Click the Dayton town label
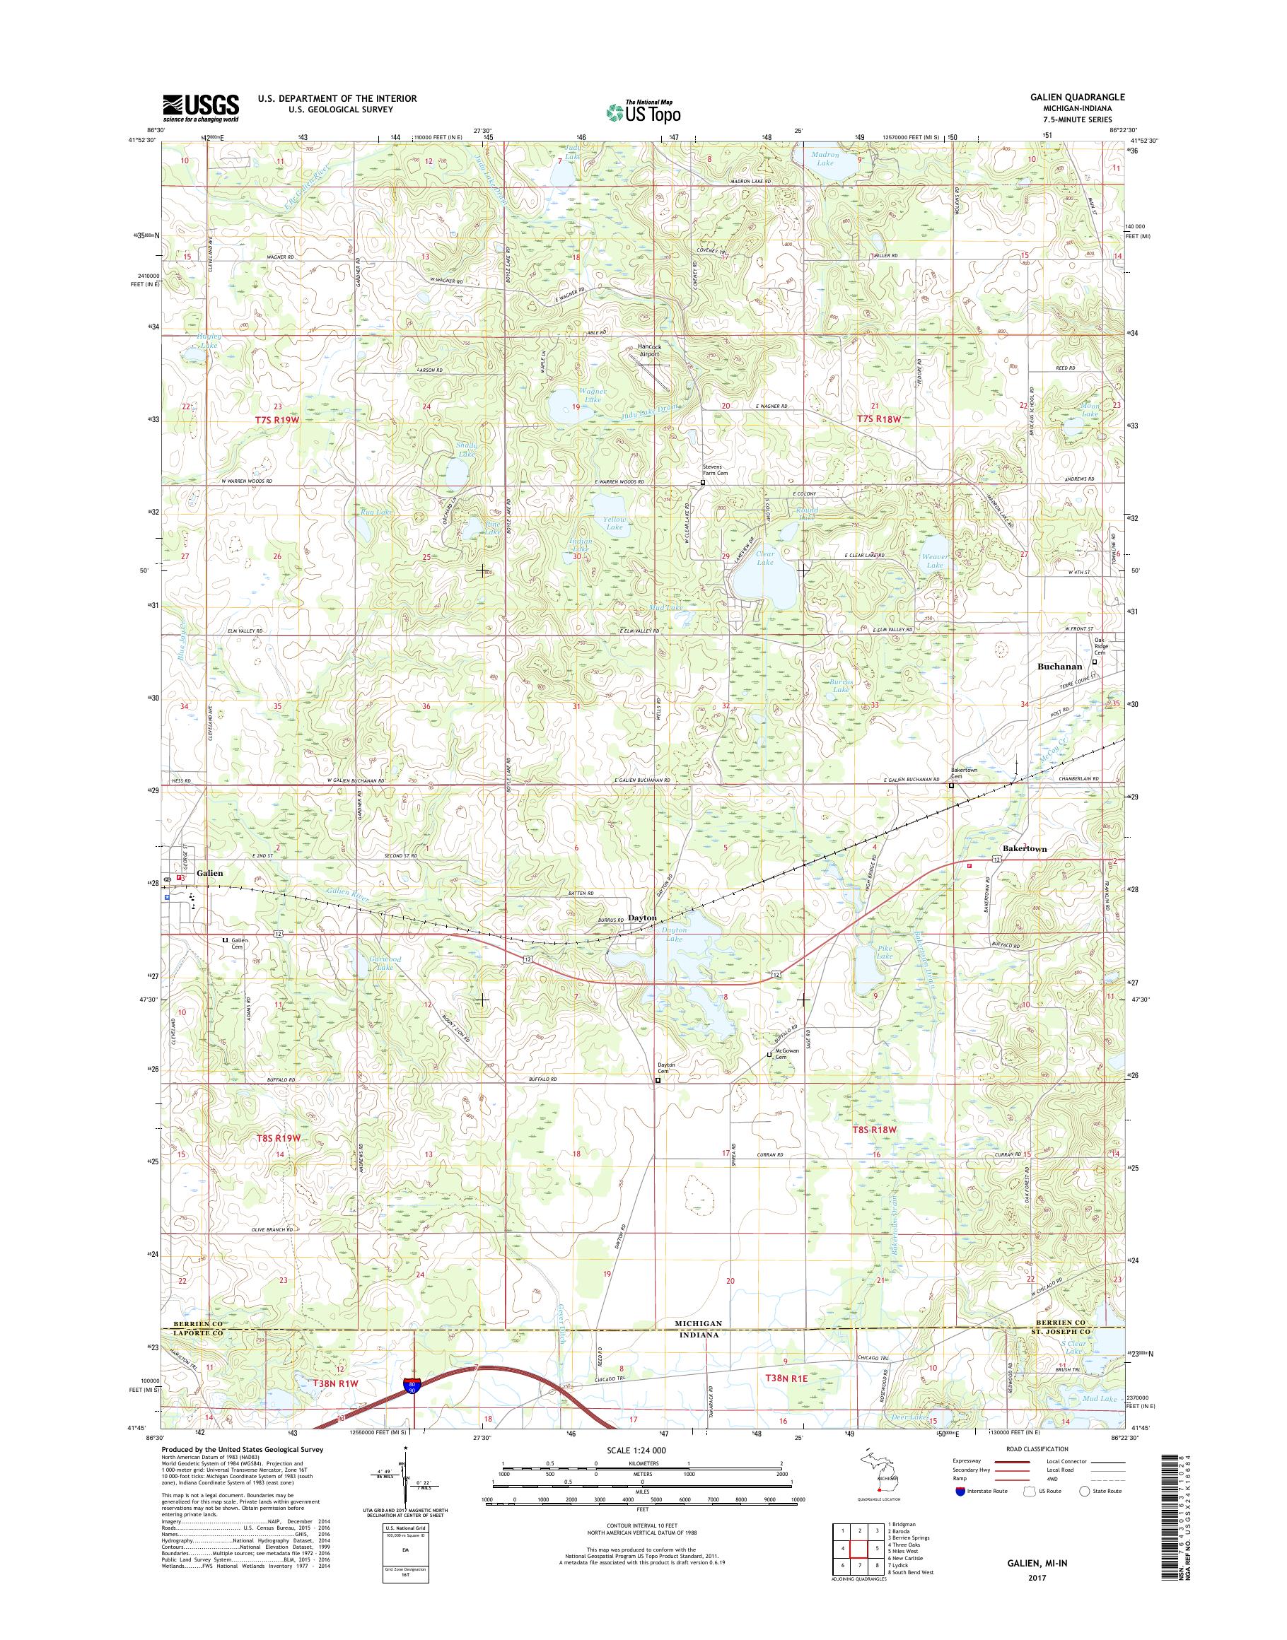coord(643,918)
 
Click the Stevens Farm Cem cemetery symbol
coord(703,483)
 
